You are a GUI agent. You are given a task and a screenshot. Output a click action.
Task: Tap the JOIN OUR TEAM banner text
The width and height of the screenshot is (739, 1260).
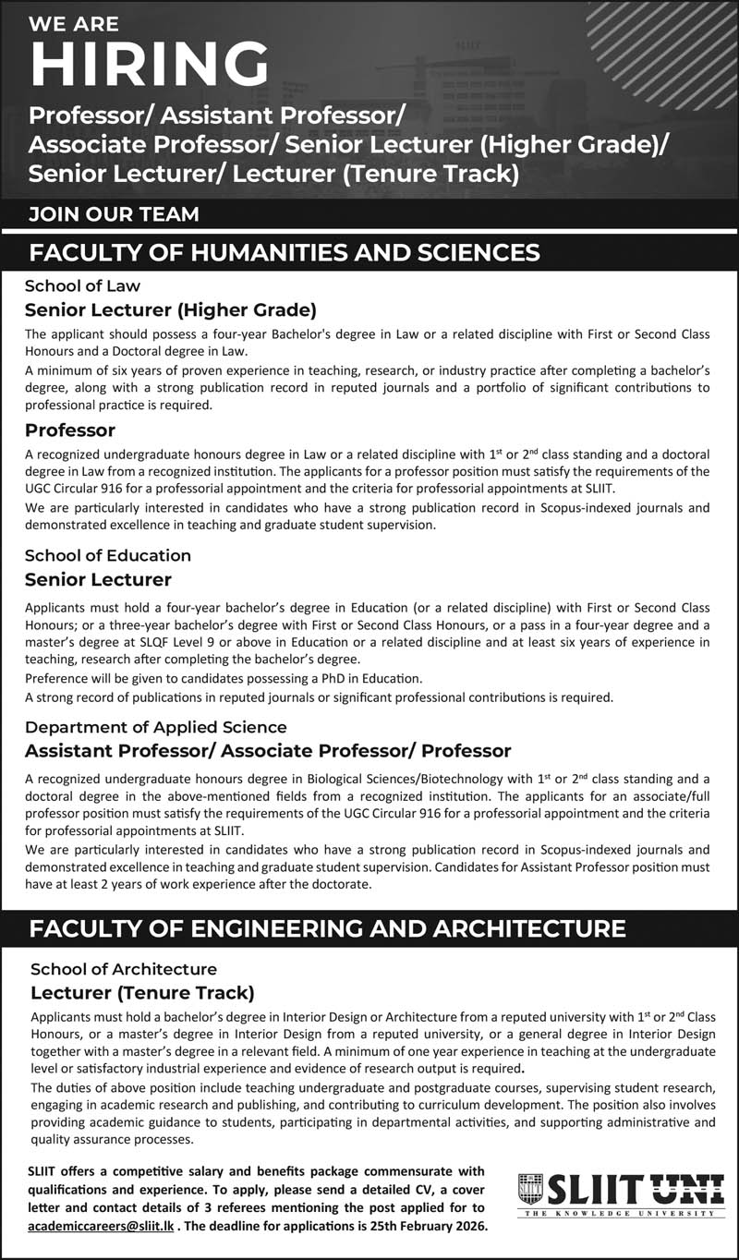(x=114, y=214)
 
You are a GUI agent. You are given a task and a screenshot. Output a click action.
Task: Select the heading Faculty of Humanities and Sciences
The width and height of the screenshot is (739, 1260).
(x=285, y=252)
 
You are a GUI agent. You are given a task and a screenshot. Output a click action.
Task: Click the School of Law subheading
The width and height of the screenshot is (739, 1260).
(x=82, y=285)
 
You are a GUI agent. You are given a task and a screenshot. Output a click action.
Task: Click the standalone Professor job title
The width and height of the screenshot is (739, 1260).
(x=70, y=430)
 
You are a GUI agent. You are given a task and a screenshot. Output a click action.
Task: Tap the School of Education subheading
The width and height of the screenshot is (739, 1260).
(x=108, y=555)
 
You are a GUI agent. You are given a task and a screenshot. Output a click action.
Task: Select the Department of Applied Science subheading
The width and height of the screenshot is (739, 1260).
(x=156, y=727)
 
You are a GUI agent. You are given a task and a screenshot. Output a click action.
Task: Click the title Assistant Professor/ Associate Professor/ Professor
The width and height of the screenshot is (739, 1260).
(x=268, y=749)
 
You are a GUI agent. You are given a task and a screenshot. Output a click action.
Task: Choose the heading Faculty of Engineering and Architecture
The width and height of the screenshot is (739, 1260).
(x=327, y=928)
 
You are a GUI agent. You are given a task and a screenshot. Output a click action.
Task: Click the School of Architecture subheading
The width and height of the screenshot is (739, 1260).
(x=124, y=969)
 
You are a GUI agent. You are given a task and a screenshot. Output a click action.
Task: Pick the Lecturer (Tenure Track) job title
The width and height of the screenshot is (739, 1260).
(x=142, y=993)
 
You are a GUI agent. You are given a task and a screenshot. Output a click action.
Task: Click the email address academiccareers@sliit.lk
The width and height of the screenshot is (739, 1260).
(x=100, y=1226)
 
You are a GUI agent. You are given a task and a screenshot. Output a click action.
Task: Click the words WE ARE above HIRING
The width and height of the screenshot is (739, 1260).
(x=75, y=23)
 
